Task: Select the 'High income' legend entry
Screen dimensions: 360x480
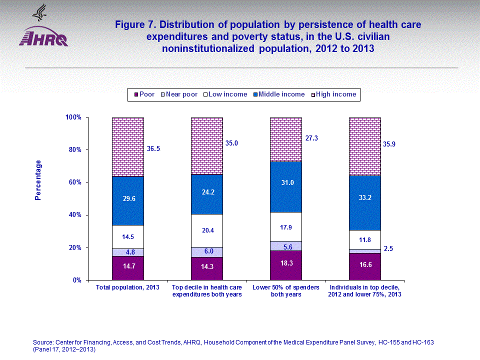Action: pyautogui.click(x=335, y=94)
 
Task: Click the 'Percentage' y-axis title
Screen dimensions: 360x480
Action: pyautogui.click(x=38, y=180)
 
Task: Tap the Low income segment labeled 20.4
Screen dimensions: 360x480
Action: pyautogui.click(x=206, y=230)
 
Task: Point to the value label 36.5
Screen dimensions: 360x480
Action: pyautogui.click(x=153, y=148)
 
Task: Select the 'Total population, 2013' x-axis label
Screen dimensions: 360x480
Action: pyautogui.click(x=127, y=287)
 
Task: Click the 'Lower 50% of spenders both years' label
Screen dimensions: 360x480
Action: pyautogui.click(x=286, y=291)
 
